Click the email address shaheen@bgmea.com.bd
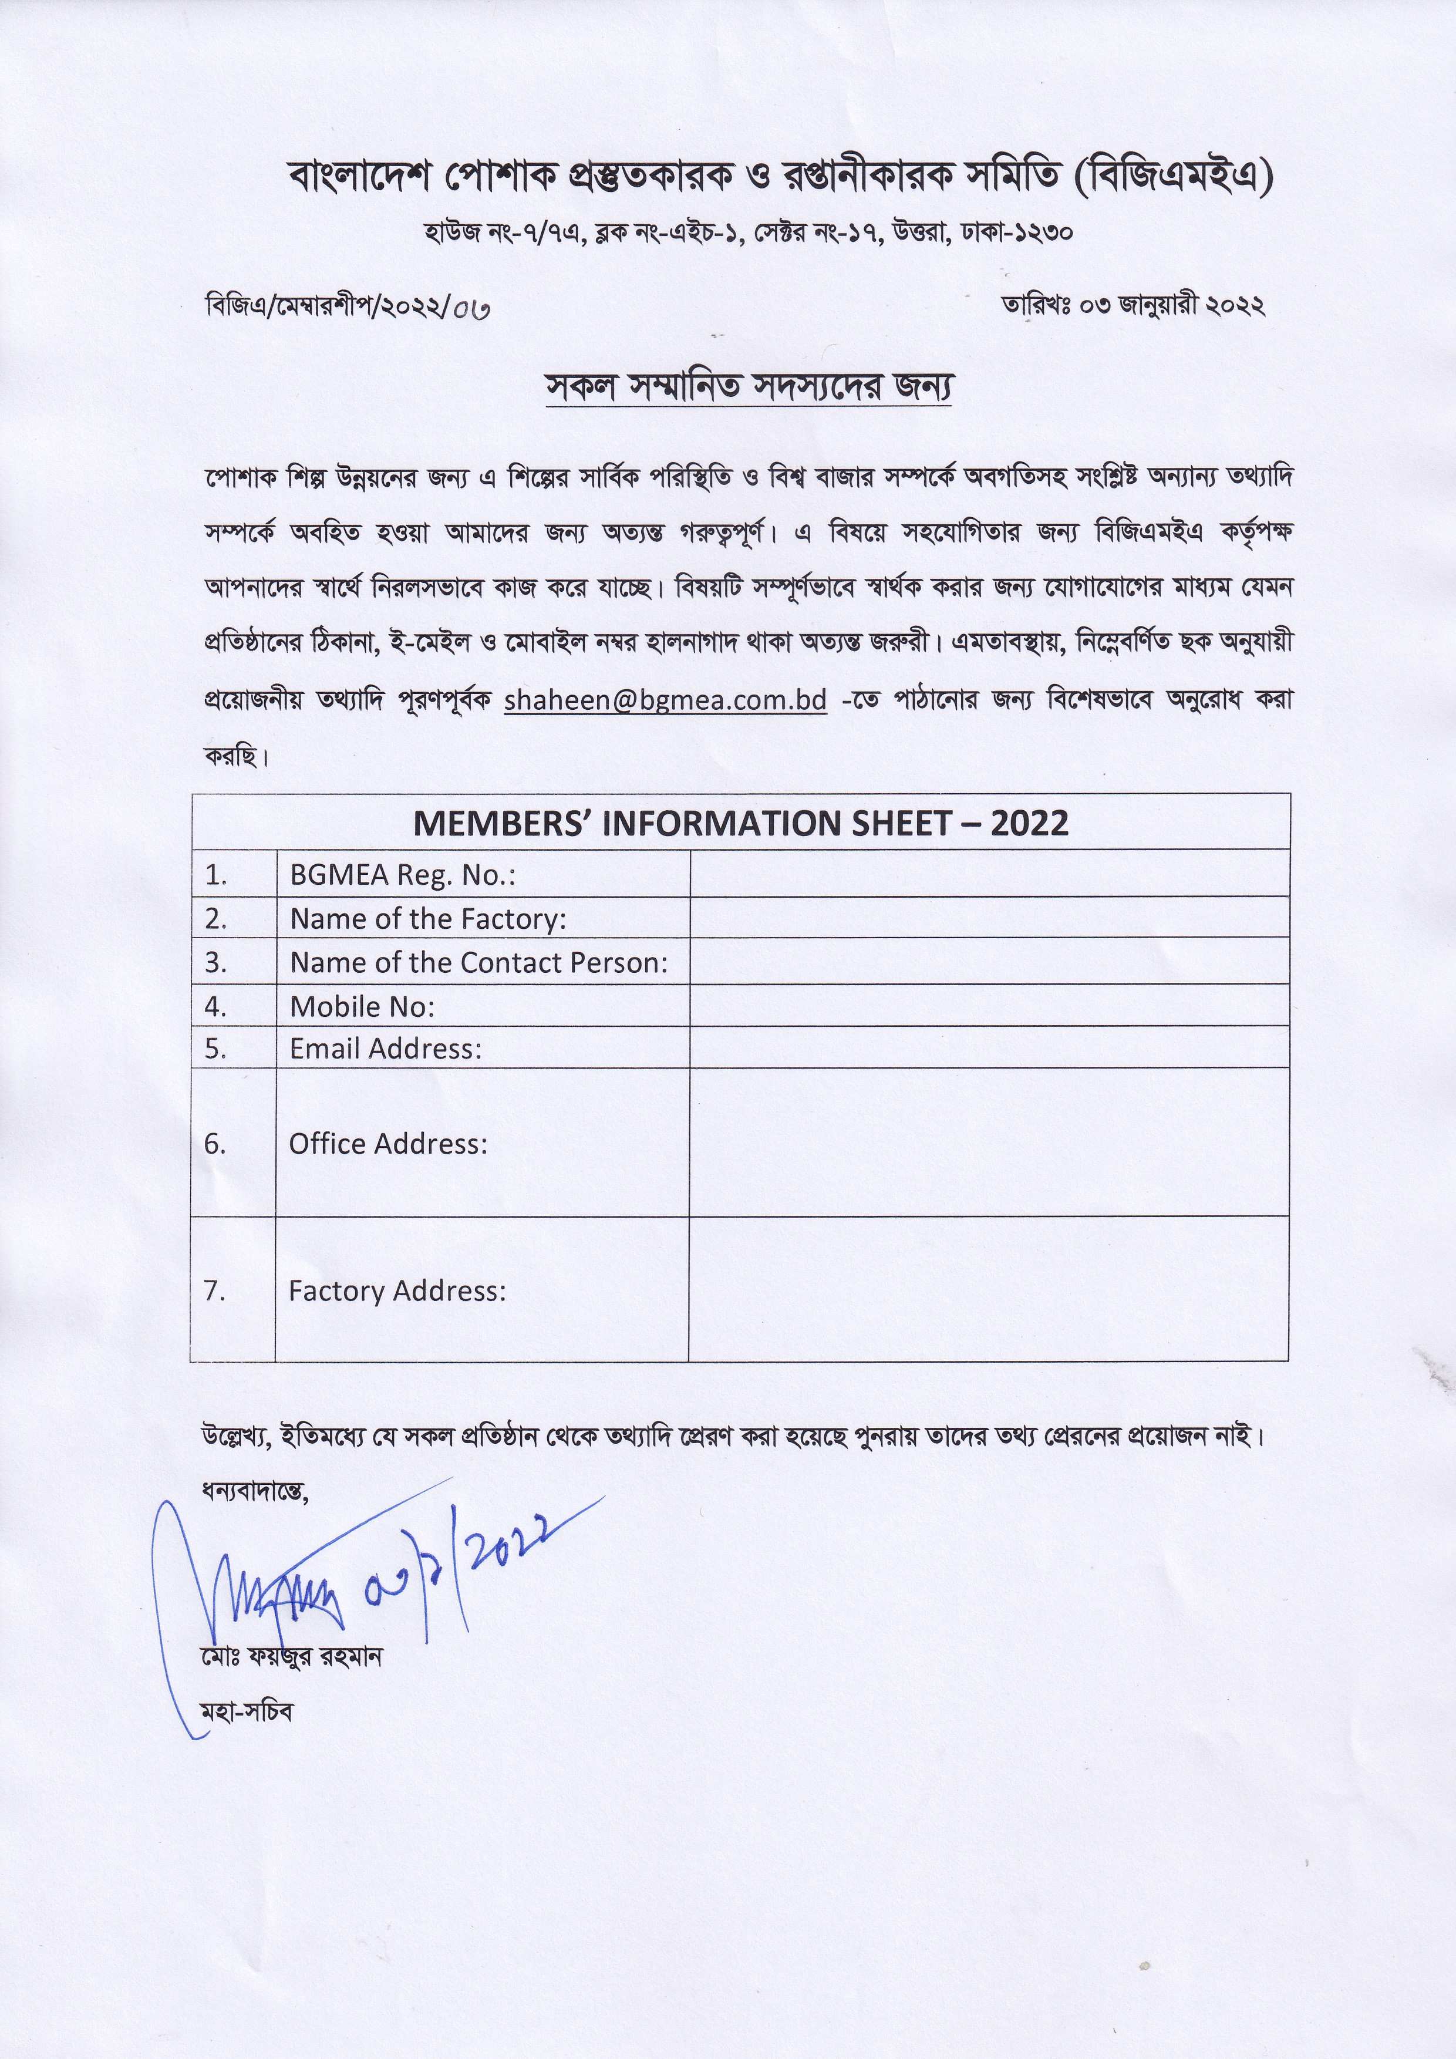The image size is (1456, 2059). (x=665, y=700)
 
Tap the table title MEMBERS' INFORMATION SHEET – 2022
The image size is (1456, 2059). (x=740, y=823)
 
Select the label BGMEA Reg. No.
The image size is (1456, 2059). (x=402, y=875)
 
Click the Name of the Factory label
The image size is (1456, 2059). (x=427, y=918)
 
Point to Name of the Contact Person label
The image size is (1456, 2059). (x=478, y=962)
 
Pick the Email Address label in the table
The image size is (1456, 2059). (x=386, y=1049)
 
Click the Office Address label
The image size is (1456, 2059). (x=387, y=1143)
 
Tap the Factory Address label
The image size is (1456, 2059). (x=397, y=1290)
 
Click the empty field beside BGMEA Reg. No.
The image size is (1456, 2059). (x=988, y=874)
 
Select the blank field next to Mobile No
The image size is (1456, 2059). (x=988, y=1005)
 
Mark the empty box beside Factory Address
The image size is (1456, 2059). (x=988, y=1289)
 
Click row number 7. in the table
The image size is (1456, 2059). (x=215, y=1290)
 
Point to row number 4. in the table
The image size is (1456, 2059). (x=215, y=1006)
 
